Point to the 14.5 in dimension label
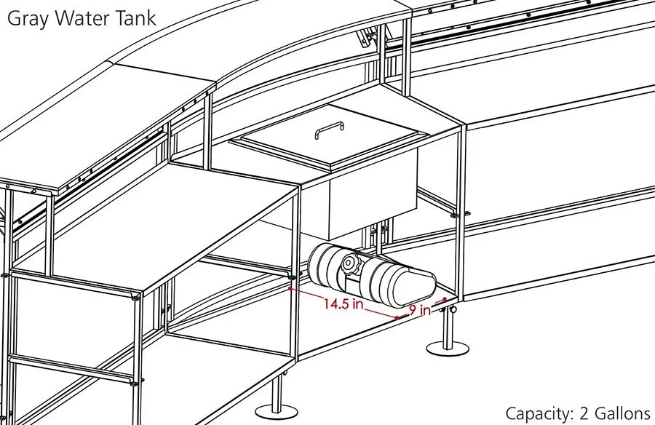tap(344, 304)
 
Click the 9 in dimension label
tap(419, 311)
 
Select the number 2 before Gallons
tap(585, 413)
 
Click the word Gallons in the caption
tap(622, 413)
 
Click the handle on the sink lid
tap(329, 130)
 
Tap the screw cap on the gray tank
tap(350, 265)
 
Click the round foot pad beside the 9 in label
tap(446, 350)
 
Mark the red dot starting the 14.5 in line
tap(290, 289)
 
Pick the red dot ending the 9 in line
tap(444, 299)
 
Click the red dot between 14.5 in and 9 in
tap(397, 318)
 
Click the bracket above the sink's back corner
tap(367, 36)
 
